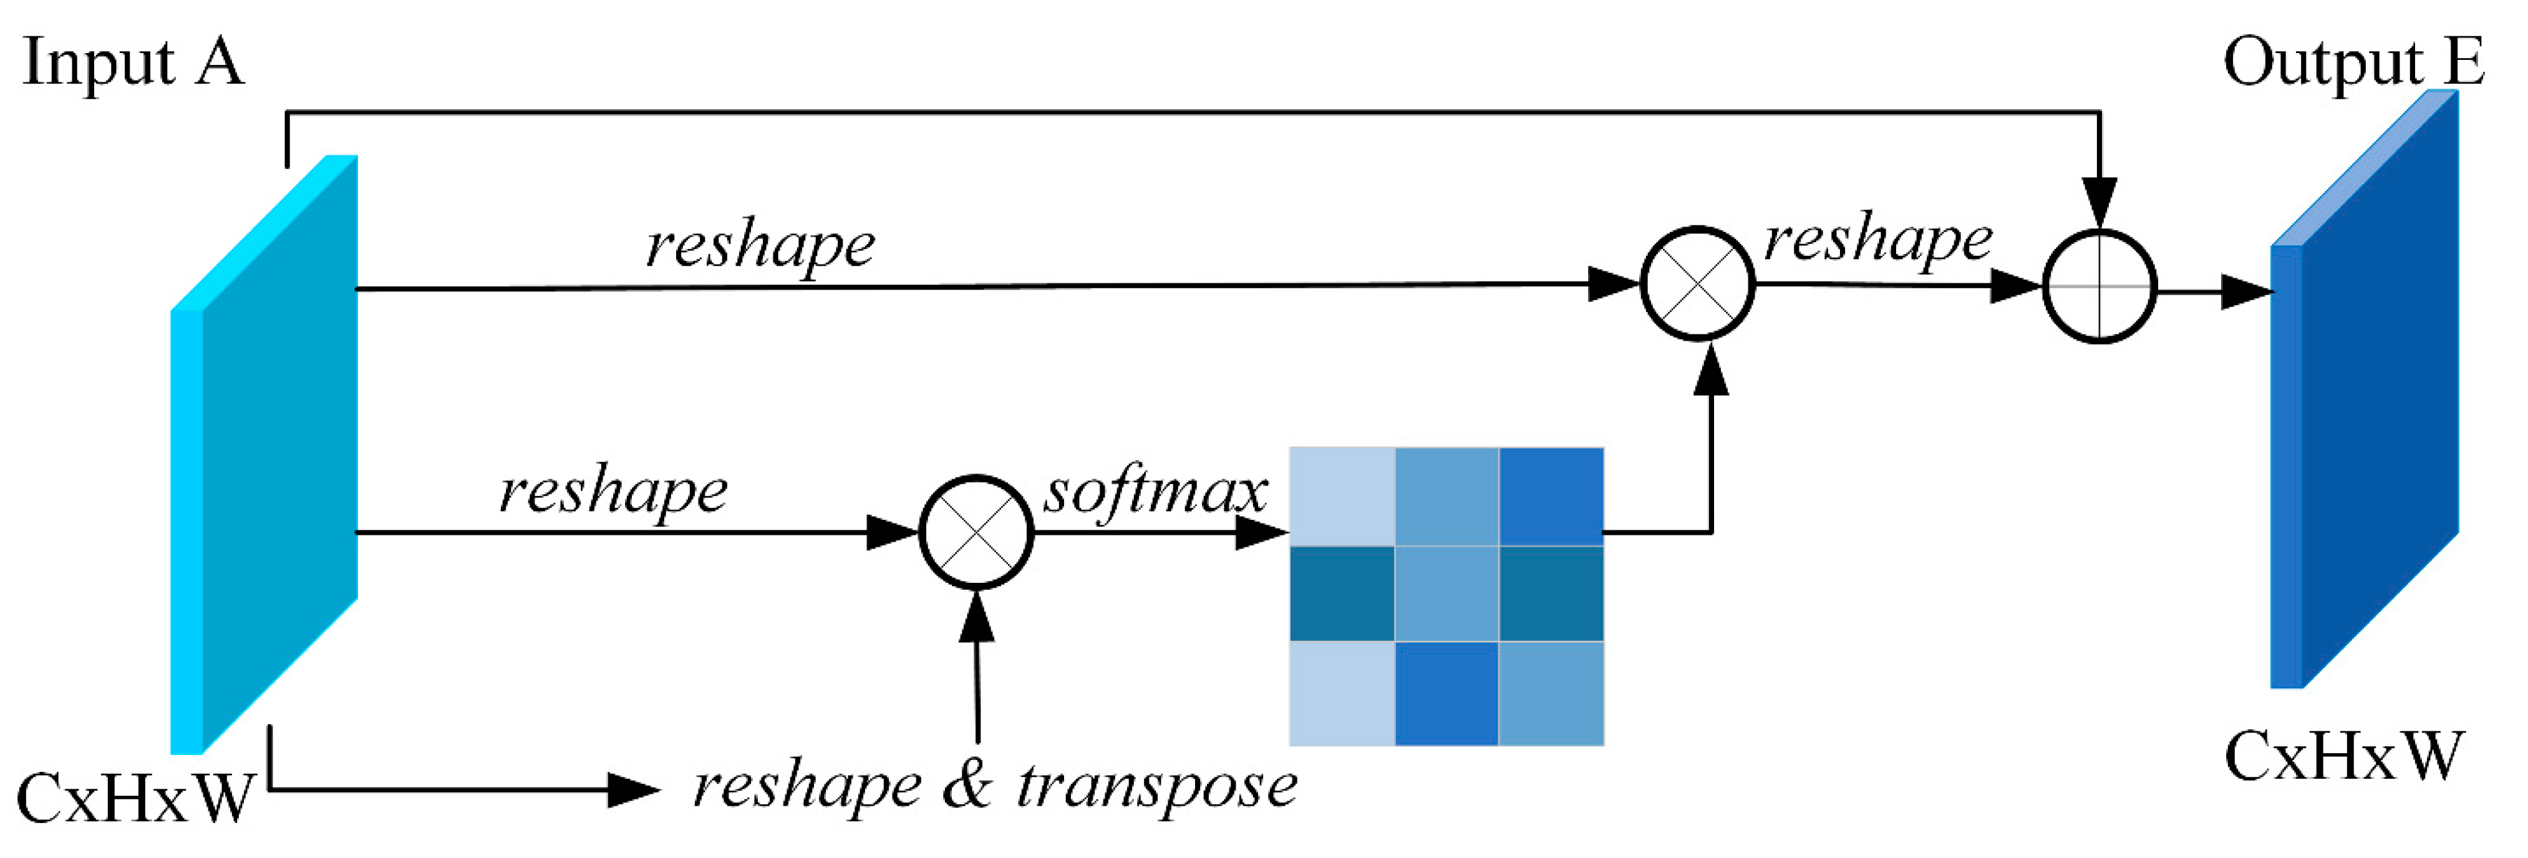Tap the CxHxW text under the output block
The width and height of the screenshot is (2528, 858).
[x=2343, y=756]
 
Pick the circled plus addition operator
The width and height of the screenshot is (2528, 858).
[x=2098, y=286]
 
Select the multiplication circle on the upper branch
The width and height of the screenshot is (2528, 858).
[x=1697, y=284]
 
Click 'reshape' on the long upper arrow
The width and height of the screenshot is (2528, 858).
[x=760, y=245]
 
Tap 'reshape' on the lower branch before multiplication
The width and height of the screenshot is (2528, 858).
[x=613, y=491]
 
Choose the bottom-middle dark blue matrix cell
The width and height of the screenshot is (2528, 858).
[x=1446, y=693]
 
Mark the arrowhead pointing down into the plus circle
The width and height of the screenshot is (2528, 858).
[x=2098, y=202]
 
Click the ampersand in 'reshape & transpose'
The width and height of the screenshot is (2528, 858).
[x=967, y=786]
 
